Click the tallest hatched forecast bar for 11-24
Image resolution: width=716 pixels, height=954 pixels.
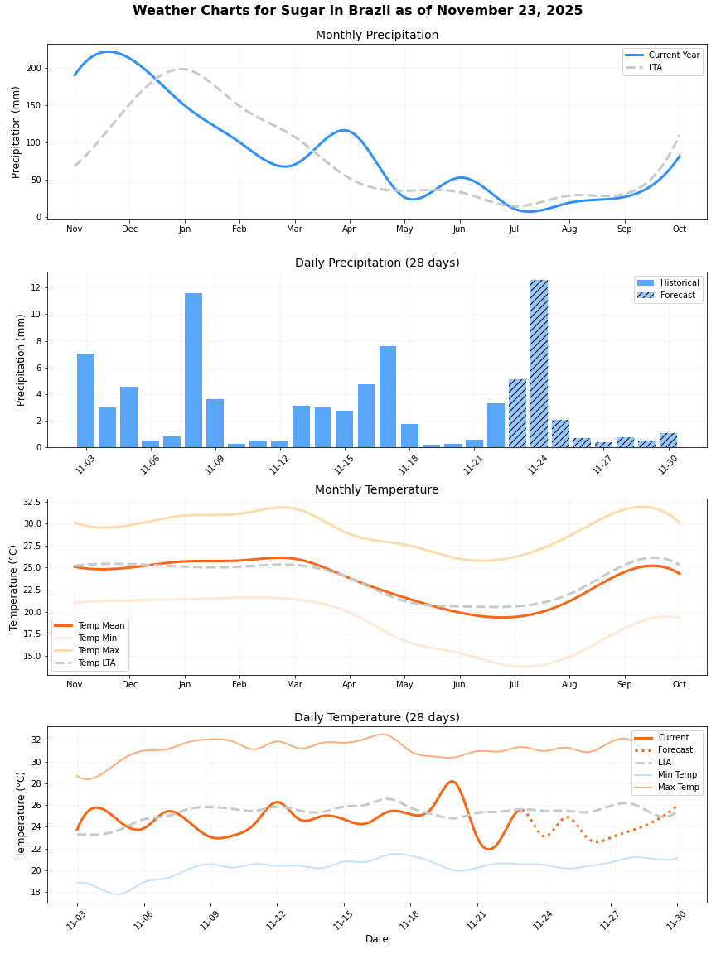(x=539, y=364)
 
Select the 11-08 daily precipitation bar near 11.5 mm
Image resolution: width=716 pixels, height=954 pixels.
(x=193, y=370)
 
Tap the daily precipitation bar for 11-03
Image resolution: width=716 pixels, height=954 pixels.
(x=85, y=401)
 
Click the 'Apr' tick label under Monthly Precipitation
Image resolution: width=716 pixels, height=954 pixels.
(x=349, y=229)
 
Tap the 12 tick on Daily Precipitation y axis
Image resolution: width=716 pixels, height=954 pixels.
(x=37, y=287)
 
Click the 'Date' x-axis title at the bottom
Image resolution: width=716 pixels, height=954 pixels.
(x=377, y=939)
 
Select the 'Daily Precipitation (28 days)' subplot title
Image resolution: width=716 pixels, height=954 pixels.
(x=377, y=263)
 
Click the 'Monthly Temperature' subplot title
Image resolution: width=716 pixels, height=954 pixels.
(x=377, y=490)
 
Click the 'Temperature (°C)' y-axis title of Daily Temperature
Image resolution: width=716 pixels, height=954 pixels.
(x=22, y=814)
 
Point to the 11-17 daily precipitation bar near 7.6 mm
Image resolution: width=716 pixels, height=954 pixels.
(x=388, y=397)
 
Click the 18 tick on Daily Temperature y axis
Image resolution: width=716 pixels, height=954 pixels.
(x=36, y=892)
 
